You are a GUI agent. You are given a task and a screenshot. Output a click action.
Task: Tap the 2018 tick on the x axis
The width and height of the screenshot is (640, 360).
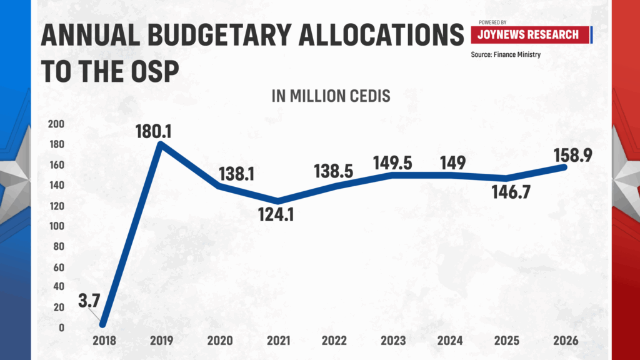[104, 341]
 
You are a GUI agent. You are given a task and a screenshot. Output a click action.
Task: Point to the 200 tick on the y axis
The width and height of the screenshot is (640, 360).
[56, 124]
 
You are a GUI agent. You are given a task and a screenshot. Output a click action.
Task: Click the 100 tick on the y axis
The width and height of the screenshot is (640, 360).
[56, 226]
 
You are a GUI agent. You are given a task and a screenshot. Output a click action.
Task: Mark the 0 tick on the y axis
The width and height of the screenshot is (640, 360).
[61, 327]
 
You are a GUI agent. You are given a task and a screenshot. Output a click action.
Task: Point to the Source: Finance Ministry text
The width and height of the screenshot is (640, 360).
[506, 55]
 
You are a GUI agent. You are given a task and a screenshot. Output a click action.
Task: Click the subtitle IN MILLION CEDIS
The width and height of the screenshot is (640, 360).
[331, 97]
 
